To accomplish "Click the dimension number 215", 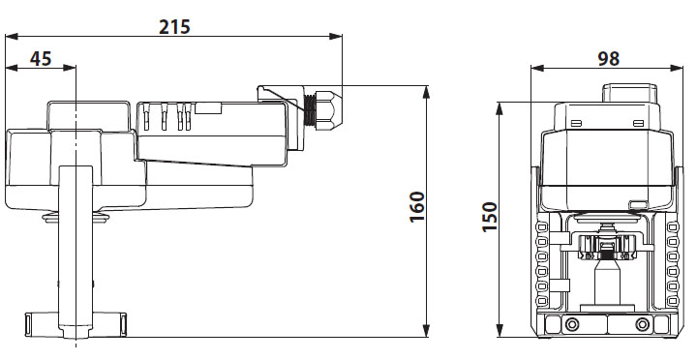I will tap(175, 26).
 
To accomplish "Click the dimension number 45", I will tap(41, 57).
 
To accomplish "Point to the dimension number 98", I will tap(608, 57).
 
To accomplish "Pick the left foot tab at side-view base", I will tap(38, 319).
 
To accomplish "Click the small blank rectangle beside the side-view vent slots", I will tap(208, 108).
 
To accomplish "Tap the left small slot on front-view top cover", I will tap(576, 124).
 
